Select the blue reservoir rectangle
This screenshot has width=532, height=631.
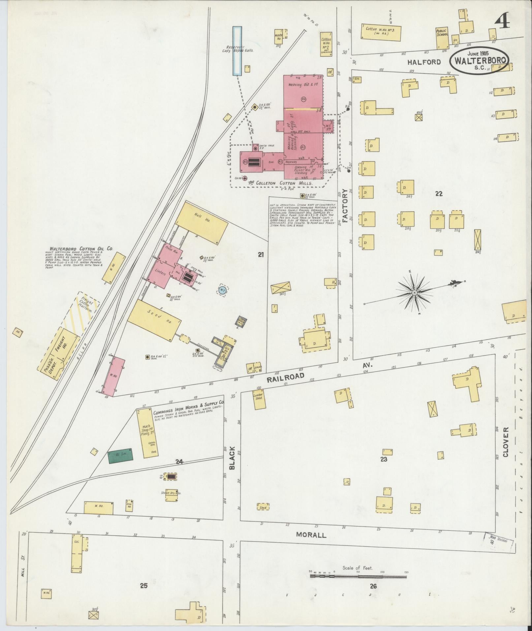pyautogui.click(x=236, y=51)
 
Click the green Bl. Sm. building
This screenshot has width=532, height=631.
pyautogui.click(x=121, y=456)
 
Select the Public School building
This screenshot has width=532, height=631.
pyautogui.click(x=442, y=38)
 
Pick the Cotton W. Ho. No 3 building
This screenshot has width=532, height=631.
pyautogui.click(x=381, y=33)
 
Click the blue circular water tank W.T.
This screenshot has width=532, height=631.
pyautogui.click(x=222, y=290)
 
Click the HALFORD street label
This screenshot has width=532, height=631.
pyautogui.click(x=424, y=62)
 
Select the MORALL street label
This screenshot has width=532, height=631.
pyautogui.click(x=311, y=535)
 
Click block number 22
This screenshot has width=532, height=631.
pyautogui.click(x=439, y=194)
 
